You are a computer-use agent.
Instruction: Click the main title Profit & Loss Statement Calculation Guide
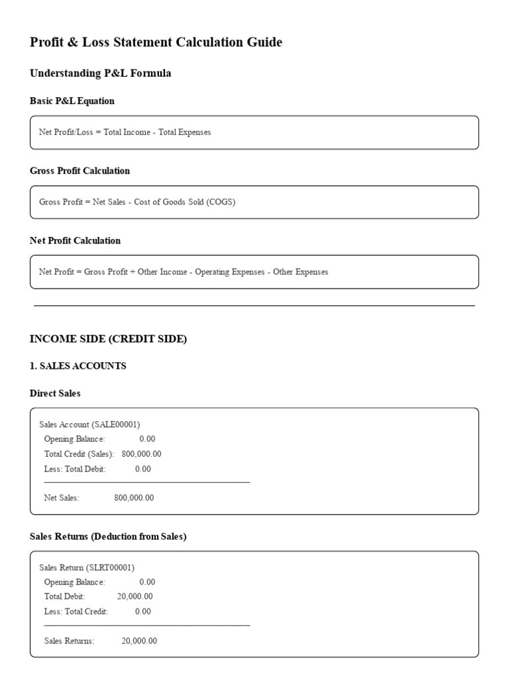point(156,42)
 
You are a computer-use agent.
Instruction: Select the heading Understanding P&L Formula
point(100,73)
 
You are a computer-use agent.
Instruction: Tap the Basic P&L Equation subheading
point(72,101)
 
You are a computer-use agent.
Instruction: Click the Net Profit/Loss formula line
point(125,132)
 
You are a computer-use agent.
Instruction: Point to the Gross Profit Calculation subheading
point(80,171)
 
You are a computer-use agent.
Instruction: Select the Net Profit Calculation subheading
point(75,241)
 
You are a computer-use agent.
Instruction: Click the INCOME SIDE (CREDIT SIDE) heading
point(108,339)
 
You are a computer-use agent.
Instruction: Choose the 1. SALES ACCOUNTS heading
point(78,366)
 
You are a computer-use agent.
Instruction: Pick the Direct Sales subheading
point(55,393)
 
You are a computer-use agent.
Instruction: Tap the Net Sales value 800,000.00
point(134,498)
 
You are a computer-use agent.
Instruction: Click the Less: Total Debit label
point(75,469)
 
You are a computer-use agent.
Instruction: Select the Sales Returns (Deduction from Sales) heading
point(108,536)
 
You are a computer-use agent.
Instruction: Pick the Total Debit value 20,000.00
point(135,597)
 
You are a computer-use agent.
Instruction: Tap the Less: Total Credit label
point(76,611)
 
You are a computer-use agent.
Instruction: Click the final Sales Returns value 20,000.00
point(139,641)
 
